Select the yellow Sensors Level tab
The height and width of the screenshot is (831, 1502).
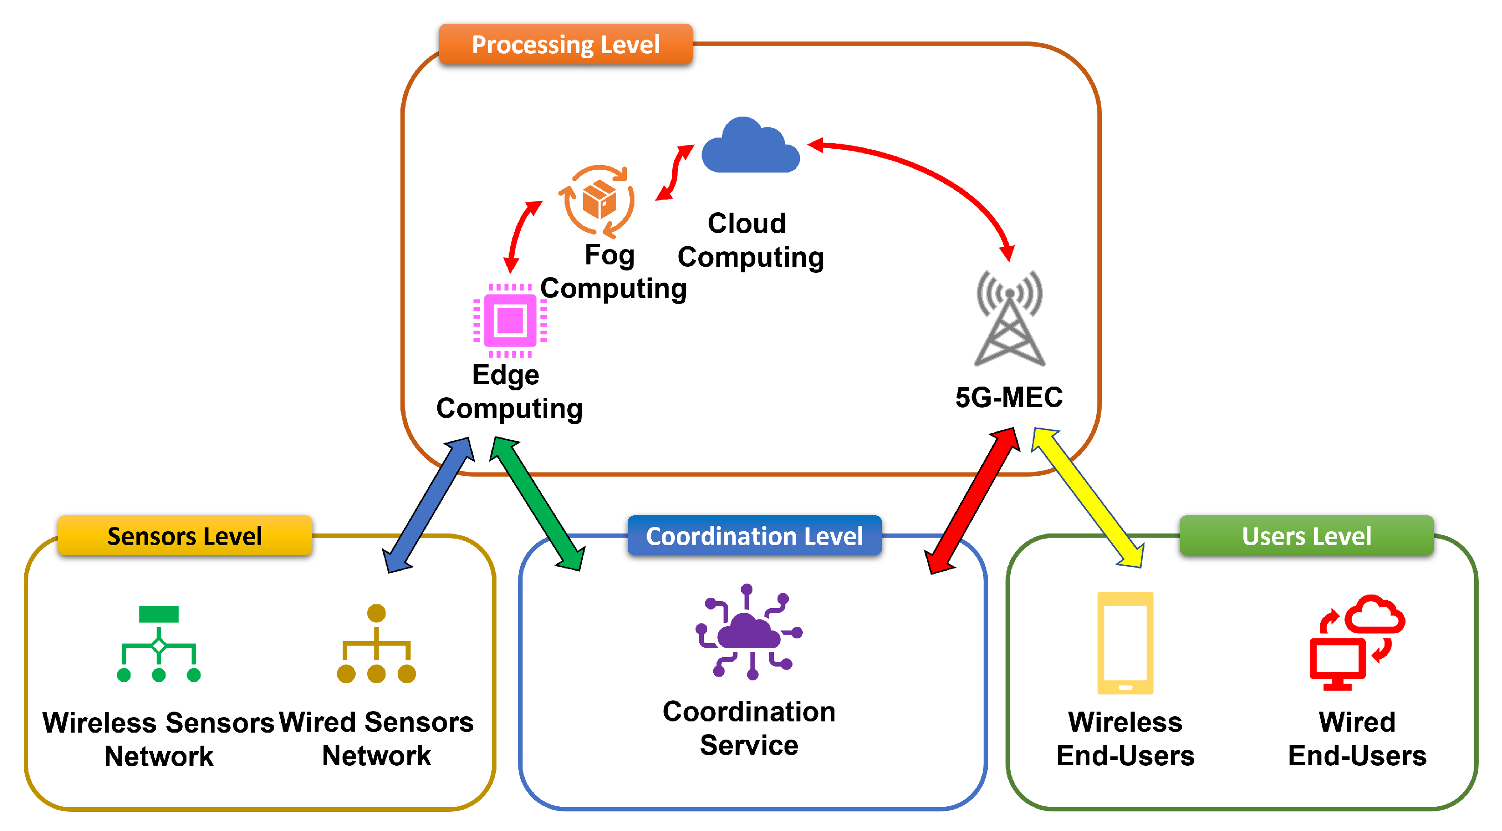point(184,535)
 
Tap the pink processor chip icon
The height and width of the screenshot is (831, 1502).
point(510,320)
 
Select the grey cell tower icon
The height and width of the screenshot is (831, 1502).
point(1009,319)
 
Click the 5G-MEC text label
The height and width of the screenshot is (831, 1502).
point(1008,398)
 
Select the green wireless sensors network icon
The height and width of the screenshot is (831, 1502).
point(158,644)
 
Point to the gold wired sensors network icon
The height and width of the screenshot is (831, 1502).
point(376,644)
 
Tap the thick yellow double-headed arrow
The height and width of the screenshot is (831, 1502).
point(1088,498)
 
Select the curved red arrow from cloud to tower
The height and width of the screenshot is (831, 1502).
point(933,175)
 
